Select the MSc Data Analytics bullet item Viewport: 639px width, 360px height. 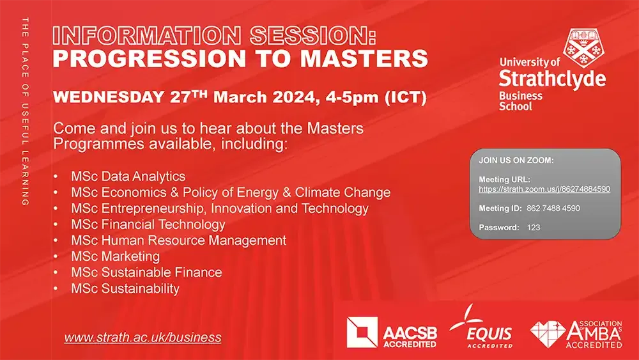point(128,176)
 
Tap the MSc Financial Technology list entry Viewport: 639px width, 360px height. point(148,224)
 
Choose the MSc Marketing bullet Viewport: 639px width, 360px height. point(116,256)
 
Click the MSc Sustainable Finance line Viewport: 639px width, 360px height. point(146,272)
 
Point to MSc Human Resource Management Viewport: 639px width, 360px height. point(178,240)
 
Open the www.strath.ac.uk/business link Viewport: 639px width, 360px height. point(142,338)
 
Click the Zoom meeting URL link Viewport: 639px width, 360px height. point(544,189)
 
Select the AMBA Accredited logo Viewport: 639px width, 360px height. point(576,333)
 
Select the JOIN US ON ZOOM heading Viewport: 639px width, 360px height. point(516,160)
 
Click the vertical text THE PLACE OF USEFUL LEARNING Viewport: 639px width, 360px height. point(25,112)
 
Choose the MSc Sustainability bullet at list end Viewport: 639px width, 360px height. point(125,288)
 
